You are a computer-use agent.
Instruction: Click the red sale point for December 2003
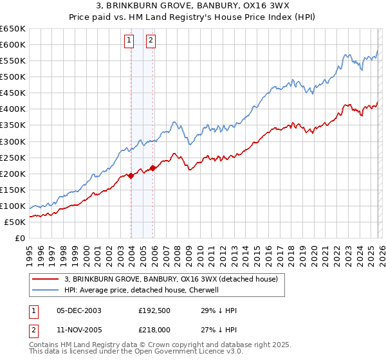click(x=131, y=175)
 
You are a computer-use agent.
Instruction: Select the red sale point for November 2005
click(x=152, y=168)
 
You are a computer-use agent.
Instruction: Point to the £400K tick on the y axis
click(x=13, y=109)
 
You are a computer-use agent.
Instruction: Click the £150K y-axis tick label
click(x=13, y=190)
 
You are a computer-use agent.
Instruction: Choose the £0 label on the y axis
click(x=19, y=238)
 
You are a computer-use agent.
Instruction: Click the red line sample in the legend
click(x=46, y=279)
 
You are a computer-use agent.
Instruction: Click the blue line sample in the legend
click(x=46, y=290)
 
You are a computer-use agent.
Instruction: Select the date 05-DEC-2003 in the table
click(x=78, y=310)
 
